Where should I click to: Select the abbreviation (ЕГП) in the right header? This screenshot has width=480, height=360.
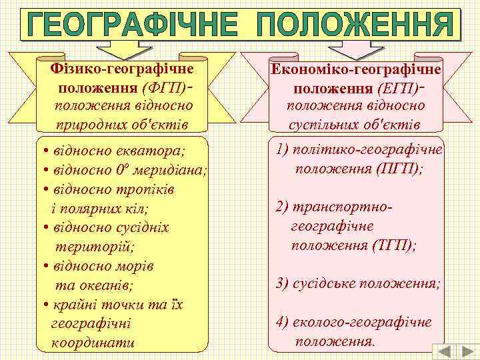pos(398,88)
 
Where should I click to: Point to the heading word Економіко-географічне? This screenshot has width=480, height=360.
pos(355,69)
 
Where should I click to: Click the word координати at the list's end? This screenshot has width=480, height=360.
pos(93,343)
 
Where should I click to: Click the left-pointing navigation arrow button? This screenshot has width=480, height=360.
pos(445,351)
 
